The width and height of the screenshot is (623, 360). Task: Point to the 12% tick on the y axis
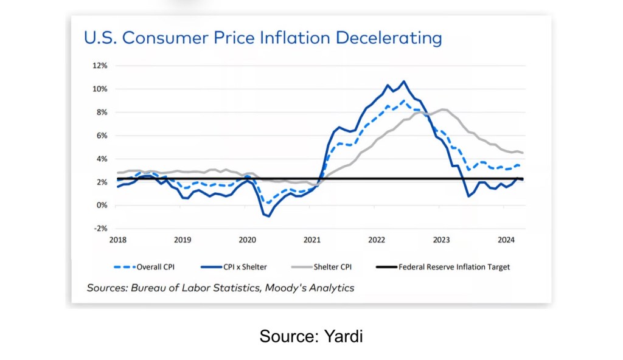click(100, 66)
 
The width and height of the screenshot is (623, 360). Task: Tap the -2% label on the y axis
click(100, 229)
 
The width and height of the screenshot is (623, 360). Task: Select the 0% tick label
click(102, 206)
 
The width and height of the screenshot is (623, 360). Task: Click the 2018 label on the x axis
click(118, 240)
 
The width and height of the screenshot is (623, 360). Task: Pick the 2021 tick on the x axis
click(312, 240)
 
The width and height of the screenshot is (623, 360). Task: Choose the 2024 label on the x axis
click(506, 240)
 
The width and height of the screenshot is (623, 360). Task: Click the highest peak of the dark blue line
click(403, 81)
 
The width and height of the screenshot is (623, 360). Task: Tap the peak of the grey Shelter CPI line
click(443, 109)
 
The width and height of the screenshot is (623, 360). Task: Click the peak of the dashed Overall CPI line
click(403, 100)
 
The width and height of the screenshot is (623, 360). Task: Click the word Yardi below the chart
click(345, 336)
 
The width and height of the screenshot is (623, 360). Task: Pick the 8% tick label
click(102, 112)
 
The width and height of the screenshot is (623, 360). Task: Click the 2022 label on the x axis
click(377, 240)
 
